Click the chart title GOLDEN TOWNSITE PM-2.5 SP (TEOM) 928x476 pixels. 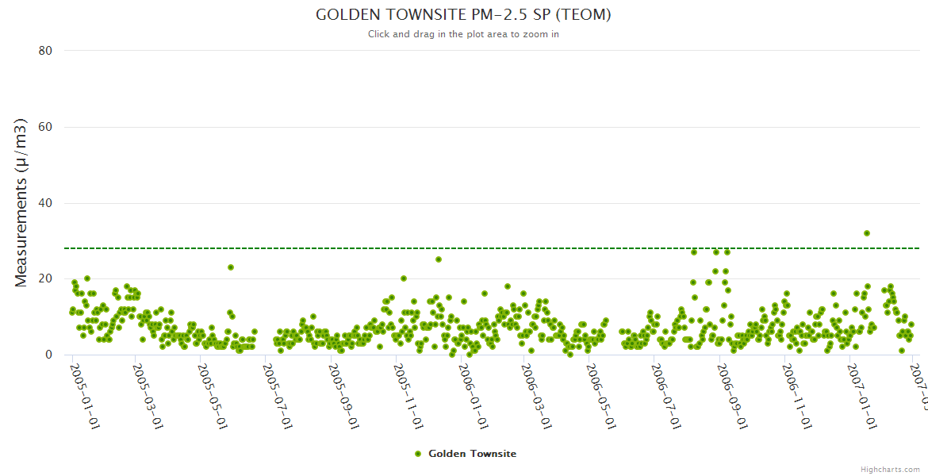(463, 14)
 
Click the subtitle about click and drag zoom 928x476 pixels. (463, 34)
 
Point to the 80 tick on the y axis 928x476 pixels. (45, 51)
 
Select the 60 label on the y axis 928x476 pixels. (45, 127)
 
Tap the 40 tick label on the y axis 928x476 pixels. (45, 203)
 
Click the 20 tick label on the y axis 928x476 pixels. (45, 279)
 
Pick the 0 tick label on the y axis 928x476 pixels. (48, 355)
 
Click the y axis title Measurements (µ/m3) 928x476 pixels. (21, 202)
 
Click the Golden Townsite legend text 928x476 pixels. (472, 454)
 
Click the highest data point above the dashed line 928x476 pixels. (867, 233)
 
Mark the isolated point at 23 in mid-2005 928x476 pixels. (231, 267)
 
